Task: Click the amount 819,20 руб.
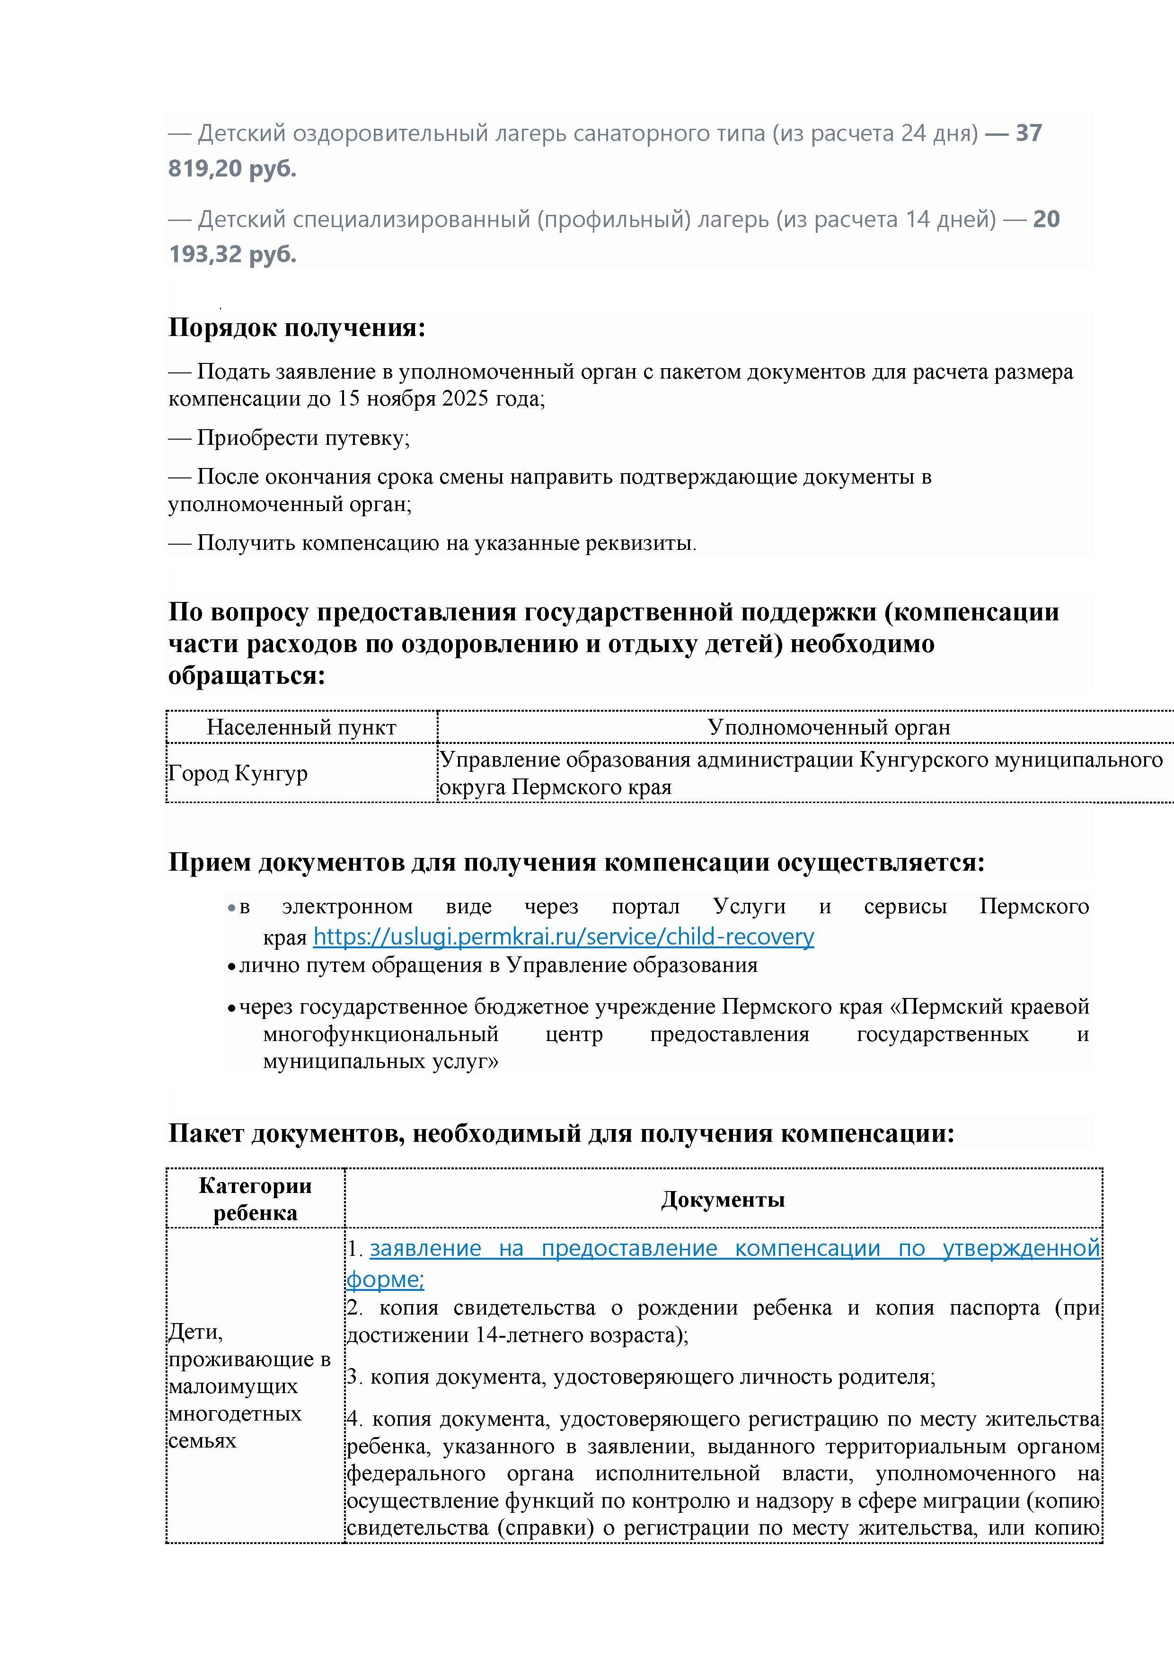232,168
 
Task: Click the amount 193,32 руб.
232,255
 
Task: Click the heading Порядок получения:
296,327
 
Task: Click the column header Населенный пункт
301,727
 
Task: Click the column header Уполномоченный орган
829,727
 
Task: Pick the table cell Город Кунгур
238,773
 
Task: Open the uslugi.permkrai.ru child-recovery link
563,937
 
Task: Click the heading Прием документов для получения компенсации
576,863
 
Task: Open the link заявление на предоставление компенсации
734,1249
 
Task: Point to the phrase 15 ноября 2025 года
441,398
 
